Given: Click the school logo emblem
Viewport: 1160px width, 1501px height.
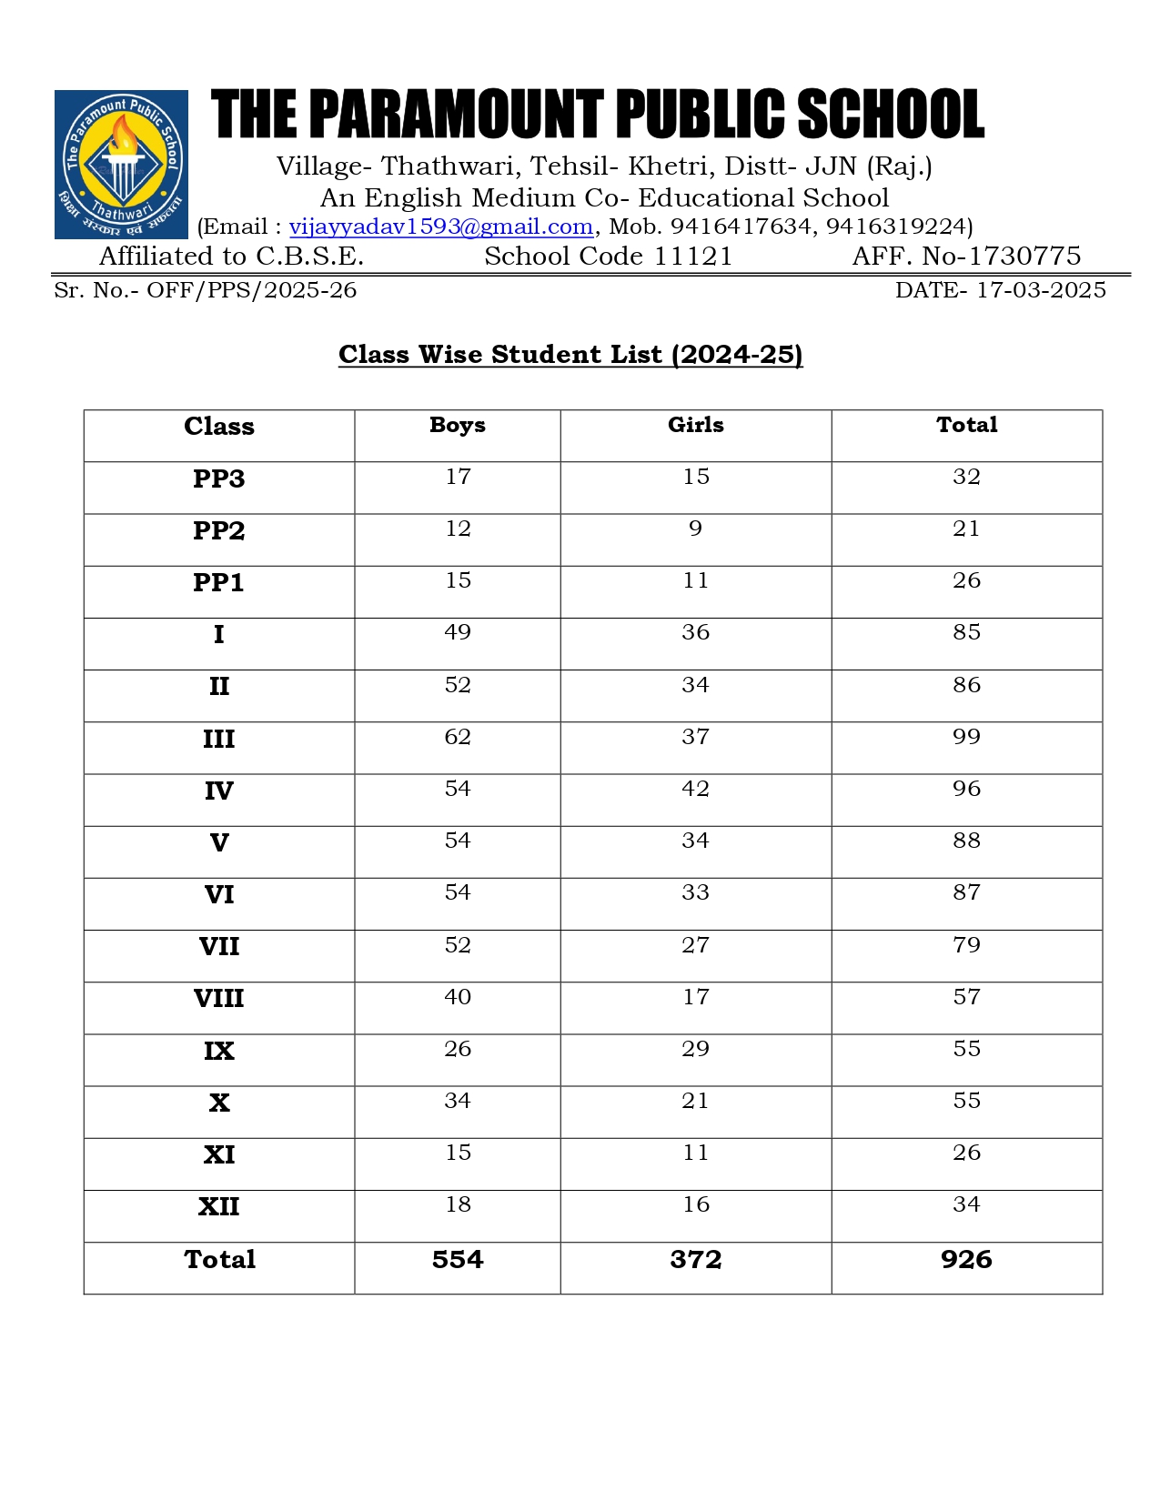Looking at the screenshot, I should [121, 165].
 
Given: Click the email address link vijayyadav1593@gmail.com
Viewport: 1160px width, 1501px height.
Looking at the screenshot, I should [441, 227].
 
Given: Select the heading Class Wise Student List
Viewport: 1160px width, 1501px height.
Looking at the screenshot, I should [570, 354].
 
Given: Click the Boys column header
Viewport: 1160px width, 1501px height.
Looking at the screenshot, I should [458, 425].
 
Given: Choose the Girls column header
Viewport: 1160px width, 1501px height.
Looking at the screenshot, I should [696, 425].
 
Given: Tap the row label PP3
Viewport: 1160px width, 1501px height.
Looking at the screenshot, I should [218, 479].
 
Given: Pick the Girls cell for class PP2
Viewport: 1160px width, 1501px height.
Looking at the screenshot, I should [696, 529].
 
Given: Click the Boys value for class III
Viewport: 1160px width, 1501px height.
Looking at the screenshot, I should [458, 737].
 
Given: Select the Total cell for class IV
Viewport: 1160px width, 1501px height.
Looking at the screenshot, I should [966, 789].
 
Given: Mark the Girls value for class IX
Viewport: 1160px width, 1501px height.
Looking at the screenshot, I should [696, 1049].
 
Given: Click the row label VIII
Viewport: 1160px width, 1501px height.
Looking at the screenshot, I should [218, 999].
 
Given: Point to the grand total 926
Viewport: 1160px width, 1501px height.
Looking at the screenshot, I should [966, 1260].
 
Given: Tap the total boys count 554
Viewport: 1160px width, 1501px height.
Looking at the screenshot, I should [458, 1260].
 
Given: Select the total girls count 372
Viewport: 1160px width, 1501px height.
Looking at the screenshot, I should [696, 1260].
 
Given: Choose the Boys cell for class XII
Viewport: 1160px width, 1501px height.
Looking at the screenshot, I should [458, 1204].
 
